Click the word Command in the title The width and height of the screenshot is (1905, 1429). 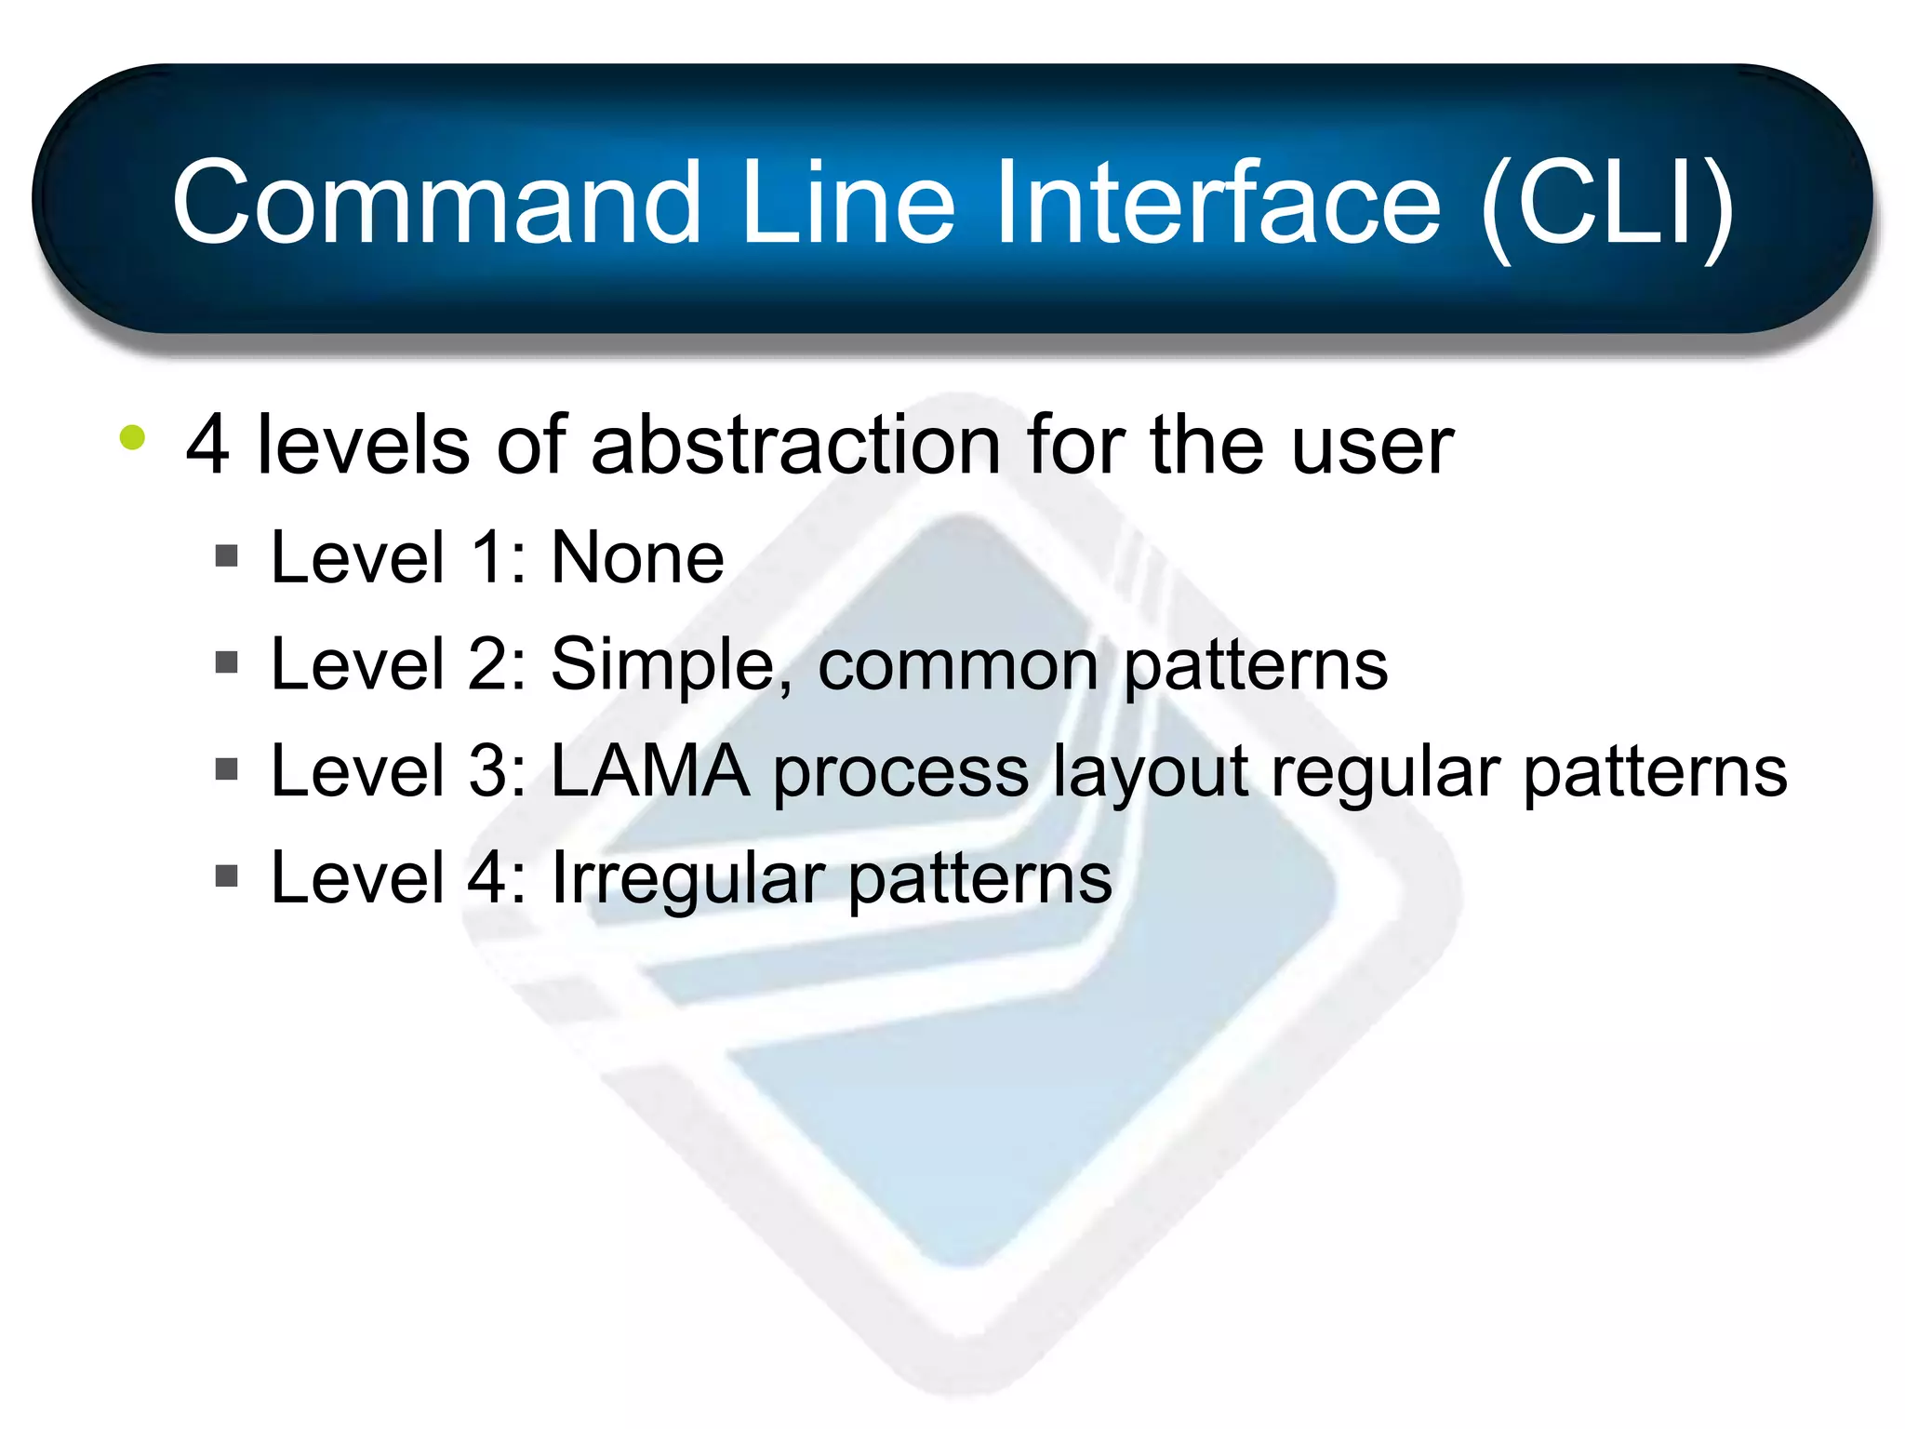[x=437, y=203]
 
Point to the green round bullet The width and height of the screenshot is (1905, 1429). [x=133, y=437]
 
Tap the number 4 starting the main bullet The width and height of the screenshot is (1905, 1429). [x=206, y=447]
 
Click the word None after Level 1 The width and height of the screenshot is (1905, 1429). [x=637, y=558]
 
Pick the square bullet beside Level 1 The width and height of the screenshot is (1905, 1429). [x=226, y=556]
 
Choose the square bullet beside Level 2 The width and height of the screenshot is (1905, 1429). [x=226, y=663]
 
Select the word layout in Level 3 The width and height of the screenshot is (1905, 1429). [x=1150, y=774]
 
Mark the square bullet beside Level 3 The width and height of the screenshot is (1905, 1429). [x=226, y=769]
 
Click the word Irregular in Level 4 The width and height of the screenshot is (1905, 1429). [x=688, y=878]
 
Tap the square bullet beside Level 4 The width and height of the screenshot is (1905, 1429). [x=226, y=875]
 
